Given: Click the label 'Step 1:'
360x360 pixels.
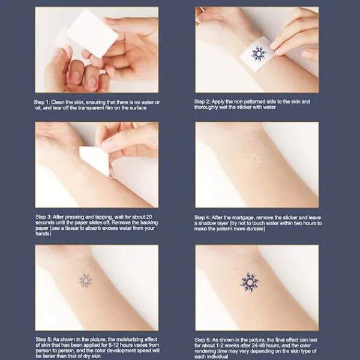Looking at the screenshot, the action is tap(42, 103).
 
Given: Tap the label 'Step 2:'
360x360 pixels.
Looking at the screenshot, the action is tap(202, 102).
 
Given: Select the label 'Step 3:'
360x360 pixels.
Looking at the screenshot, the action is tap(43, 217).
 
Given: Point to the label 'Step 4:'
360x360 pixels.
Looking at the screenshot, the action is tap(202, 218).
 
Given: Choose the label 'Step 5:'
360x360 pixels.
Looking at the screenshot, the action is tap(44, 340).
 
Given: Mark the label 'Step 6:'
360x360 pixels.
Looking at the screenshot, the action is tap(203, 340).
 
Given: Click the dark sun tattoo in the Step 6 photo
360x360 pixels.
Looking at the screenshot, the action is tap(250, 283).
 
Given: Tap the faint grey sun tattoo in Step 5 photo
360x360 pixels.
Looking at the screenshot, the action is tap(85, 281).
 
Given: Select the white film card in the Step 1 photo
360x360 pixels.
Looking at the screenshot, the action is tap(92, 34).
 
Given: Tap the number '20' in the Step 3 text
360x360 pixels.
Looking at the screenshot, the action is tap(149, 217).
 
